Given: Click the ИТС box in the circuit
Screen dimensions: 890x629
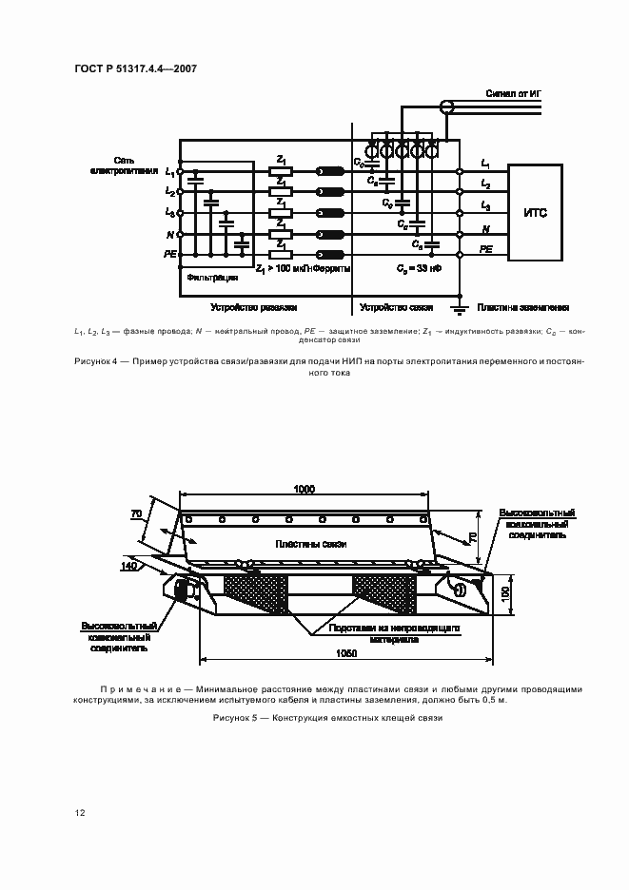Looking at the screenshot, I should point(535,212).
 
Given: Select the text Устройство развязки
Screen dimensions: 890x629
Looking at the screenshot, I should point(254,308).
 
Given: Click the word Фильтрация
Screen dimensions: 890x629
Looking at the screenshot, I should point(206,279).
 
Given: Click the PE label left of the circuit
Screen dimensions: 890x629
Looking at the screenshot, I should point(170,255).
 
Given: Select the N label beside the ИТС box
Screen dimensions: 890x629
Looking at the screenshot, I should point(485,230).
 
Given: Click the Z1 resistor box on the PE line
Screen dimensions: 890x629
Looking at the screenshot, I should point(280,254).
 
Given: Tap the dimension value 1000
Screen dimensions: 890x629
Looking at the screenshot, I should point(305,489).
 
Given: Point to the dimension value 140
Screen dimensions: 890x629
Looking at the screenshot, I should point(129,566).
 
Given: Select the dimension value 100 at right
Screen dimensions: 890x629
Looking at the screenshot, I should point(506,592).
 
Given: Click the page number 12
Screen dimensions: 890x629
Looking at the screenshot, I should point(80,813).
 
